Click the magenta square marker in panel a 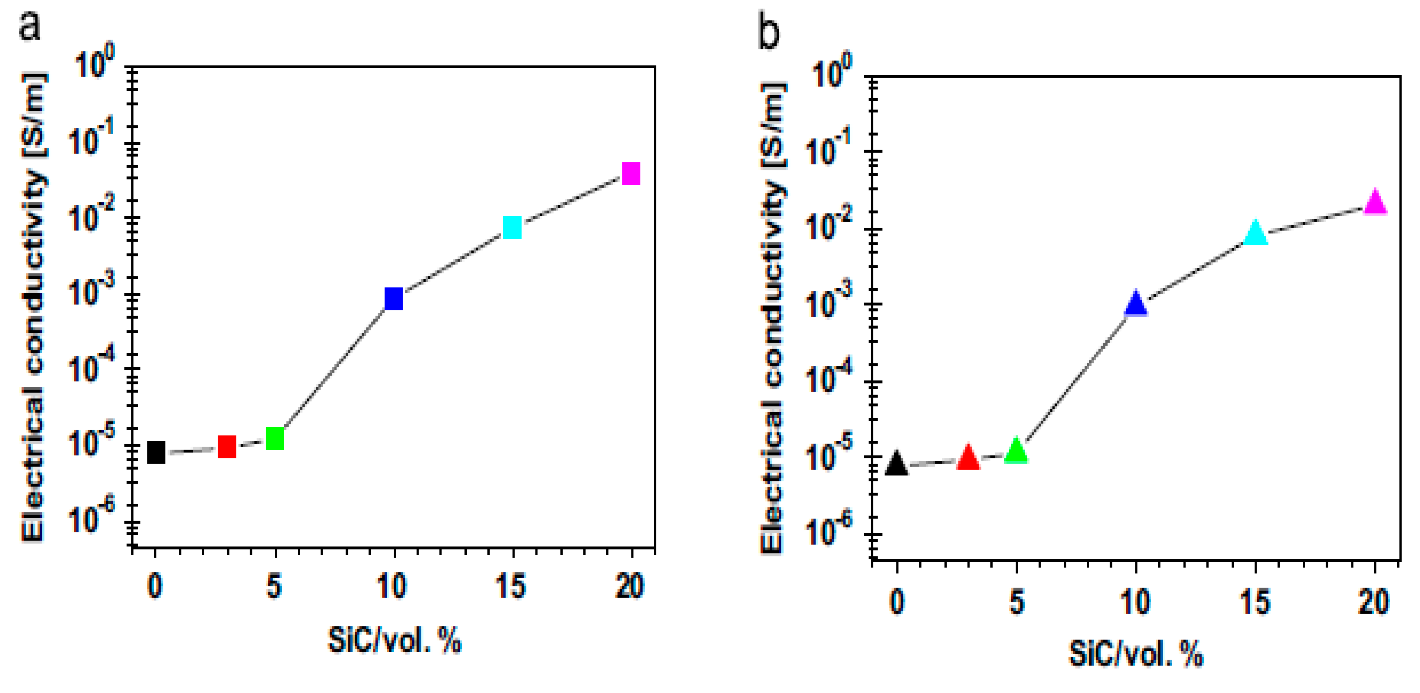631,173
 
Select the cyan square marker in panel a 512,227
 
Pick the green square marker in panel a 274,439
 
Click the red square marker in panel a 227,447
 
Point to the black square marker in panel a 156,453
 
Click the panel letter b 769,33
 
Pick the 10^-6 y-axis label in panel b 829,529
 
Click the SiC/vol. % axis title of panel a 394,640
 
